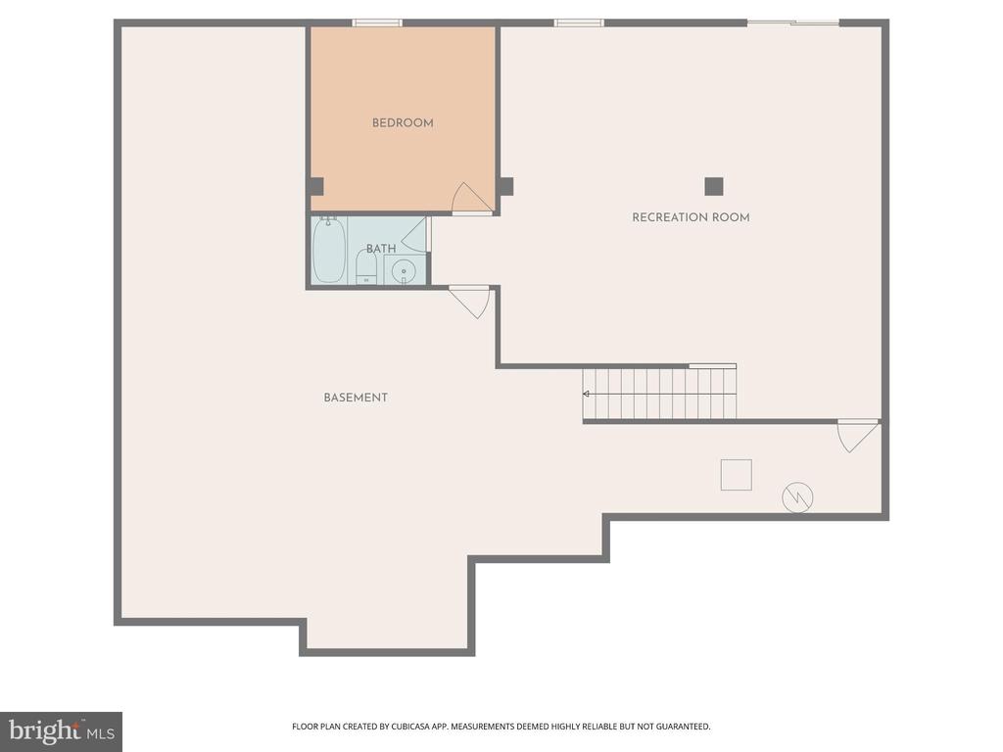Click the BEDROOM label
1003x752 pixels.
(x=403, y=122)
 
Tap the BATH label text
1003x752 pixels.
(x=381, y=248)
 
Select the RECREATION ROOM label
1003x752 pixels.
(x=691, y=217)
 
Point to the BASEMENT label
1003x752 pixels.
(x=356, y=398)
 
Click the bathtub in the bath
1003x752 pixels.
(x=329, y=250)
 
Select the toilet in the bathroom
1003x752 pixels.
(x=366, y=267)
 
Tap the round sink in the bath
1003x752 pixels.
(x=404, y=271)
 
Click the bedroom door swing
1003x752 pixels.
(x=471, y=198)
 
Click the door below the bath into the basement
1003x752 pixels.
(x=470, y=302)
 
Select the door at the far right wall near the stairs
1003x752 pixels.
(x=858, y=436)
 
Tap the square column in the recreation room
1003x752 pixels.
(x=714, y=187)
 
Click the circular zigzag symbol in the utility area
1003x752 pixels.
(x=797, y=496)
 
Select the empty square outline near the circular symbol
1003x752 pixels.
(x=737, y=475)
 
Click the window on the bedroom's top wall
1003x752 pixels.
(x=377, y=23)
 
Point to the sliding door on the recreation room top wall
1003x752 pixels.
(x=793, y=23)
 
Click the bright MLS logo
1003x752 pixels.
(x=62, y=731)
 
